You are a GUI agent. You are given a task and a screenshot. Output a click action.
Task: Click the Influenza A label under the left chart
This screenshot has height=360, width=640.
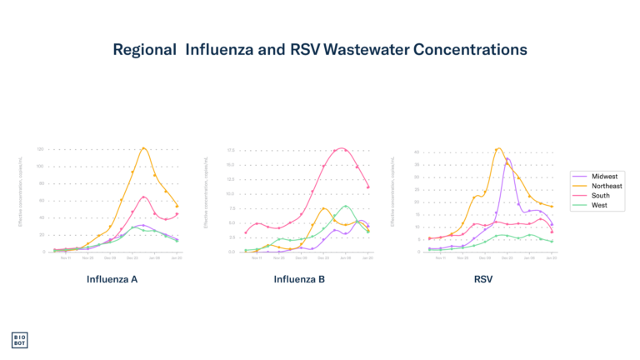click(x=112, y=279)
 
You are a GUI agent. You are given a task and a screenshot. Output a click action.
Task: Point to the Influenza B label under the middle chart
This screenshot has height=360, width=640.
click(x=299, y=279)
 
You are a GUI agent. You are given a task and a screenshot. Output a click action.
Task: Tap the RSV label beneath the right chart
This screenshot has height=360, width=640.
click(x=483, y=279)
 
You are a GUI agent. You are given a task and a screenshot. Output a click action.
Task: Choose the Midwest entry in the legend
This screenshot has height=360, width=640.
click(x=604, y=177)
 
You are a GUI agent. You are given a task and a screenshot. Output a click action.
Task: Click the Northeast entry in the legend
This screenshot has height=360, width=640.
click(x=607, y=186)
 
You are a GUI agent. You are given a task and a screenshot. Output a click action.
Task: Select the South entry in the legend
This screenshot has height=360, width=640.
click(x=601, y=196)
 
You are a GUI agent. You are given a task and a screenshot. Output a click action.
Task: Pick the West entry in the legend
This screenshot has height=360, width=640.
click(x=599, y=205)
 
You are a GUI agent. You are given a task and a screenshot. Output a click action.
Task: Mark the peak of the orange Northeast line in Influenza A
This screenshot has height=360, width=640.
click(x=144, y=148)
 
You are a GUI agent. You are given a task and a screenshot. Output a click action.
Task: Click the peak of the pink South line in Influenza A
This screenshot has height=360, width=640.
click(x=144, y=197)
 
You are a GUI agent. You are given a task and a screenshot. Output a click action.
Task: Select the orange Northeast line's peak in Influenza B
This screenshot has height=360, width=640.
click(x=324, y=207)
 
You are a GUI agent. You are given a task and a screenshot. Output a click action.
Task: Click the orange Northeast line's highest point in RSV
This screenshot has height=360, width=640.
click(x=498, y=148)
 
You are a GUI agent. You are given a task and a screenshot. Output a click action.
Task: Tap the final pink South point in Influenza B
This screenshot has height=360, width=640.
click(x=368, y=187)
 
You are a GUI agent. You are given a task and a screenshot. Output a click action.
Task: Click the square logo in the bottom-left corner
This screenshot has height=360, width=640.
click(x=19, y=340)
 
